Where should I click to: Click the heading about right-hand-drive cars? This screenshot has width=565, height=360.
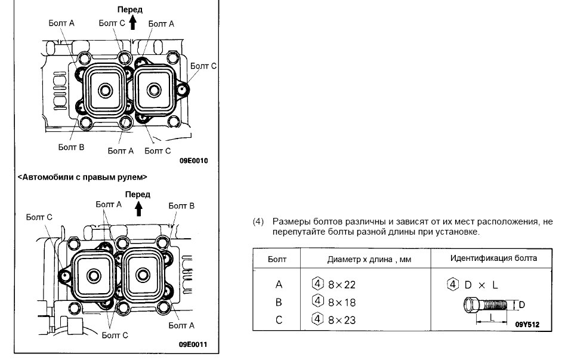[x=82, y=177]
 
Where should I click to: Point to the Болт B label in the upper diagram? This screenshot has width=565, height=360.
[x=70, y=147]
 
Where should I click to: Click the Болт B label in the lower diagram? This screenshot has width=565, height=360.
[x=181, y=206]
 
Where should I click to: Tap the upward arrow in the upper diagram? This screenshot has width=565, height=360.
[x=132, y=23]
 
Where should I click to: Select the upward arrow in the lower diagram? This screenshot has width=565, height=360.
[x=138, y=207]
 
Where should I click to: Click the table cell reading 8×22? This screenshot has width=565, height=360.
[x=342, y=285]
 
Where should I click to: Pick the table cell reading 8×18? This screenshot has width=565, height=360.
[x=342, y=302]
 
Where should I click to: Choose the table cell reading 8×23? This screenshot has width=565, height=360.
[x=342, y=320]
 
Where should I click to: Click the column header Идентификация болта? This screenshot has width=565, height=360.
[x=493, y=259]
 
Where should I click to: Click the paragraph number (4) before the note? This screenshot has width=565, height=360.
[x=258, y=222]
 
